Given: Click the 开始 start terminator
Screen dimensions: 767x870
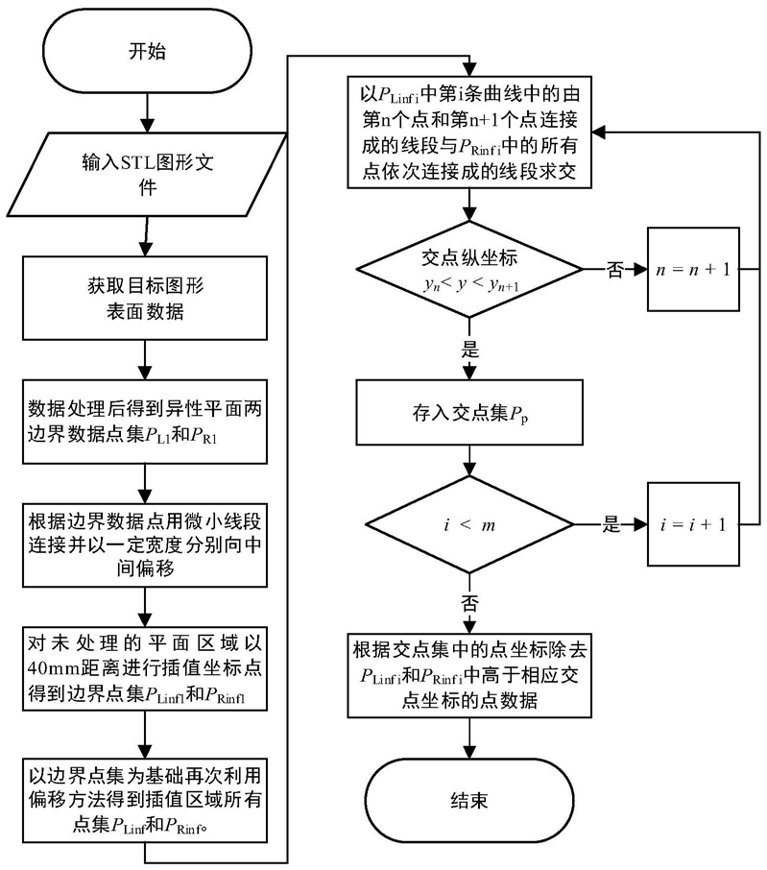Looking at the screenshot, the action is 147,51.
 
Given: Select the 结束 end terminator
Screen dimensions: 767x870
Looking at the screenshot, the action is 469,801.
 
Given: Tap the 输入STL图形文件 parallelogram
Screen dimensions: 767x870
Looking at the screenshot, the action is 147,174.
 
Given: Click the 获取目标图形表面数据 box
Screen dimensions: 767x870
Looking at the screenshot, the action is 145,298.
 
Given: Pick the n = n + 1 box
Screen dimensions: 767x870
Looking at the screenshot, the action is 693,269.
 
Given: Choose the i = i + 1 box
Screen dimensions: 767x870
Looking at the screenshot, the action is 693,524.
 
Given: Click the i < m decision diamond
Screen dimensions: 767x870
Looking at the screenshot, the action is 469,524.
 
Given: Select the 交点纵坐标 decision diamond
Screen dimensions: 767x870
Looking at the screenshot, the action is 469,269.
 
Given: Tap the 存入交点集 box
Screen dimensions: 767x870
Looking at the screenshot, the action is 469,412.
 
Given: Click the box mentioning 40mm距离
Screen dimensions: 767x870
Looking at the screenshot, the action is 145,668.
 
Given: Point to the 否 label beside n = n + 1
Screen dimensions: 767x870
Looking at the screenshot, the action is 614,270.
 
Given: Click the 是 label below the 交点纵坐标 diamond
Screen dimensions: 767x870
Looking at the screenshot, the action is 469,350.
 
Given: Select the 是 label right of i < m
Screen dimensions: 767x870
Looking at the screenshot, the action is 611,524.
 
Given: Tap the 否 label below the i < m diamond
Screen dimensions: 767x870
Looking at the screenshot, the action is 469,603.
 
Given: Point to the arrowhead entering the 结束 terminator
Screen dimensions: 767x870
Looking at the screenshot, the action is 469,753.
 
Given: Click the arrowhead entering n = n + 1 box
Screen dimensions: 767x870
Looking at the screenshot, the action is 641,270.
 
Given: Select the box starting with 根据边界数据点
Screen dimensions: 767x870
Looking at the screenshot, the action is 145,544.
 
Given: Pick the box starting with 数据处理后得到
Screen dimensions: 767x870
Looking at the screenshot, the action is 145,422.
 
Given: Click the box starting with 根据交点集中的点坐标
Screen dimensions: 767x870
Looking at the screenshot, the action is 469,675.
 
